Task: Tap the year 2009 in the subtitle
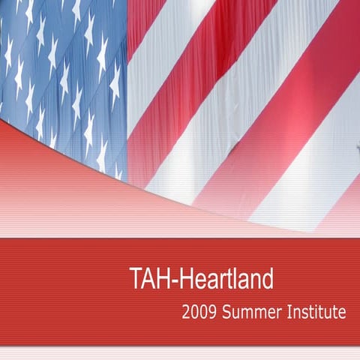pyautogui.click(x=197, y=311)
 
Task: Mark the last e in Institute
pyautogui.click(x=342, y=313)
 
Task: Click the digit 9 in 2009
pyautogui.click(x=210, y=311)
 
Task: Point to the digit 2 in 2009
pyautogui.click(x=185, y=311)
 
